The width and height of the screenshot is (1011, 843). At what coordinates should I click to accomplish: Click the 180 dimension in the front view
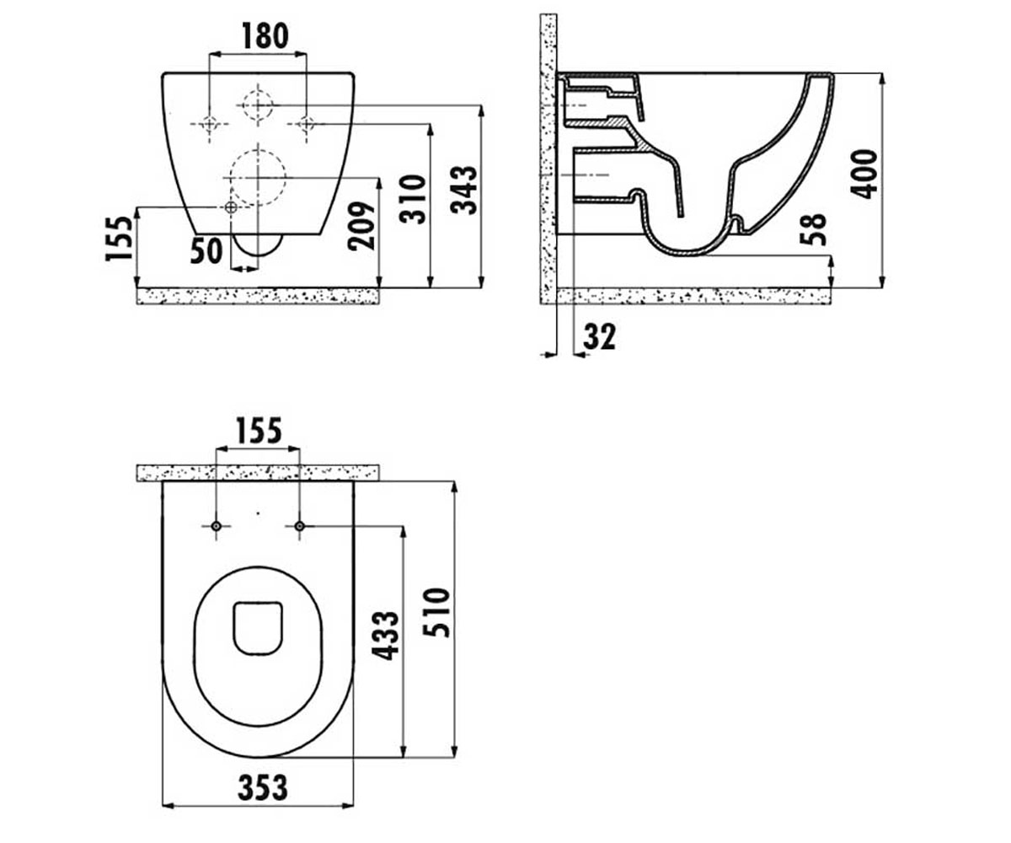point(265,36)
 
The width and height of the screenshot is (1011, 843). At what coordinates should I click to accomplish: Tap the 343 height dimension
point(463,190)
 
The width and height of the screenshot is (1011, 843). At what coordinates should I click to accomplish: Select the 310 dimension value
point(413,199)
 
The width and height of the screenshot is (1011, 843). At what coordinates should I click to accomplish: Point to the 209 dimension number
point(361,226)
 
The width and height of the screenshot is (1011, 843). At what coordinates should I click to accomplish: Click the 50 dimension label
point(206,251)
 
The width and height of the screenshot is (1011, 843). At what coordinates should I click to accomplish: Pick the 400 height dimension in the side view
point(864,175)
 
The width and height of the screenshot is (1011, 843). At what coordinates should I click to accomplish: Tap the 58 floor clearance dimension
point(814,229)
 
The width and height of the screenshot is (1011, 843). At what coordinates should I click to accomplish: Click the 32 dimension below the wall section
point(599,336)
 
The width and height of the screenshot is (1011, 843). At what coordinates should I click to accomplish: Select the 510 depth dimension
point(436,612)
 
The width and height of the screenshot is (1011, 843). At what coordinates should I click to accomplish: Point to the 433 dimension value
point(386,636)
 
